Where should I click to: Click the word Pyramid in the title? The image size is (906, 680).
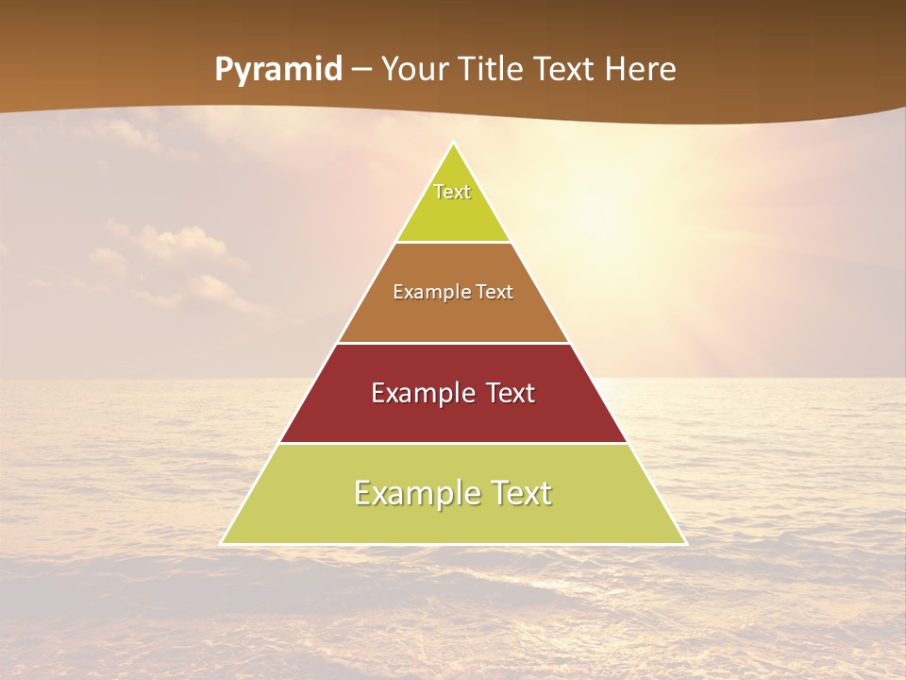click(x=277, y=70)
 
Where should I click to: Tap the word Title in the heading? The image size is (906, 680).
click(x=494, y=70)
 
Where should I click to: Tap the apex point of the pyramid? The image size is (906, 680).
click(x=454, y=143)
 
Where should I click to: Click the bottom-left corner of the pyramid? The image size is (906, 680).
click(x=222, y=543)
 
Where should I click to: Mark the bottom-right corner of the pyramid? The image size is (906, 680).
click(x=685, y=543)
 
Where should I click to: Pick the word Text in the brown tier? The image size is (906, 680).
click(x=495, y=293)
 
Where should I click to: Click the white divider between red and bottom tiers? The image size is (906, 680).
click(x=453, y=443)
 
